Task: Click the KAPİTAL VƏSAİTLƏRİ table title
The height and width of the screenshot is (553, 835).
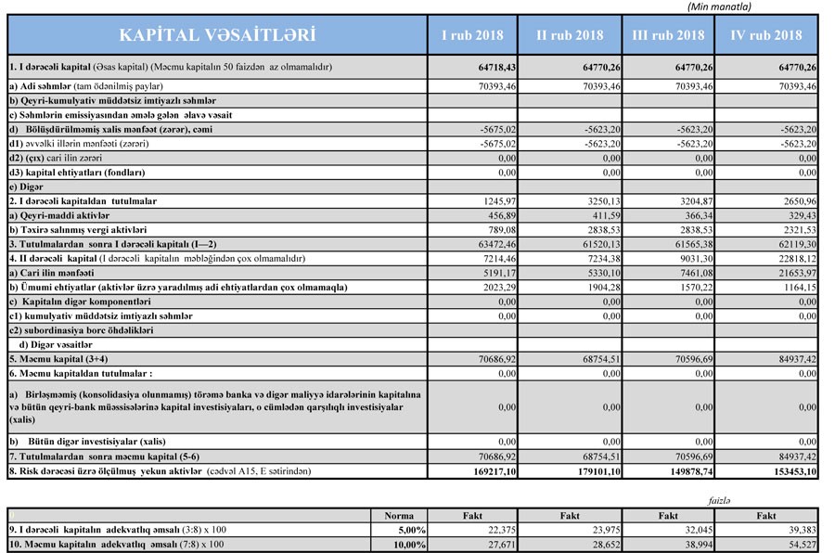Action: click(216, 36)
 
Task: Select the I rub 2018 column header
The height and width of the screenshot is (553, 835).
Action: click(471, 36)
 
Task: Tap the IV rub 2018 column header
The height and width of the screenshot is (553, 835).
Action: click(765, 36)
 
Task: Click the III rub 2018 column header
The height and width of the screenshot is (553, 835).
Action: click(668, 36)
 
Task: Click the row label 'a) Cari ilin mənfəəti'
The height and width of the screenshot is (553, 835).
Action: click(52, 274)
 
